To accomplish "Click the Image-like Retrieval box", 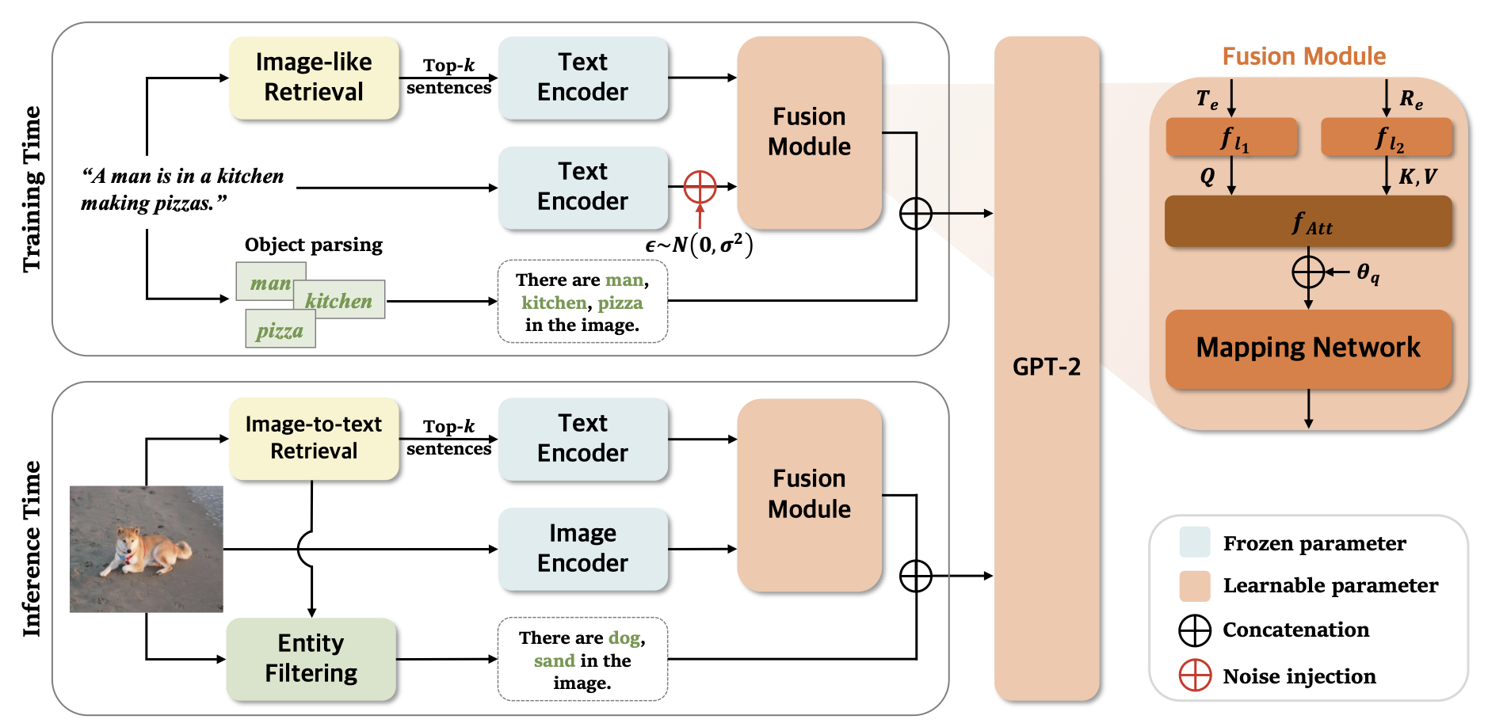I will [314, 78].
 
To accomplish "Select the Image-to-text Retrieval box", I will [314, 438].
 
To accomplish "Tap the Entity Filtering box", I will [311, 658].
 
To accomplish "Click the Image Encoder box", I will [582, 548].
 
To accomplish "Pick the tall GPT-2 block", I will [1046, 367].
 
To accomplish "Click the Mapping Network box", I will [1307, 348].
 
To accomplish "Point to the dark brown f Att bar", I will [1307, 222].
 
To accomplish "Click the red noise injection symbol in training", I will [700, 187].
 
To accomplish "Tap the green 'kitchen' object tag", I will [338, 300].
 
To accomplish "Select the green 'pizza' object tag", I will [280, 330].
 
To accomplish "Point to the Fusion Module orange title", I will [1303, 56].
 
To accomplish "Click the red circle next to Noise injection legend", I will [1195, 676].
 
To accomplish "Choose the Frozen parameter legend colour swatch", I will [1195, 542].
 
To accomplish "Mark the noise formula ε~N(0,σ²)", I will [699, 245].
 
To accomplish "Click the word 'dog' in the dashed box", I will [624, 638].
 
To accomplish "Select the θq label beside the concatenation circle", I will [1368, 273].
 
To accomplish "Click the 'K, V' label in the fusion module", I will [1417, 177].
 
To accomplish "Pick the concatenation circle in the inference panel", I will [915, 576].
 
